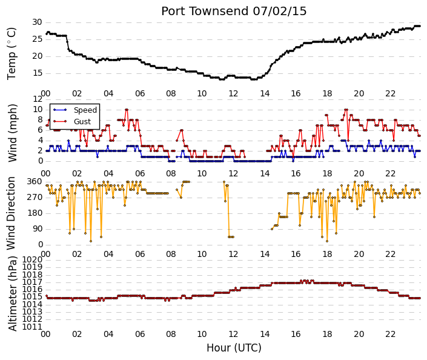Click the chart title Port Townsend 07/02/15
tap(234, 12)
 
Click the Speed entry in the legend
tap(85, 110)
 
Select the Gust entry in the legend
tap(82, 122)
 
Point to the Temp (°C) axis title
tap(12, 54)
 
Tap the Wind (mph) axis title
tap(13, 133)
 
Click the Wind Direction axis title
tap(11, 213)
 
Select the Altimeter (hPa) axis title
tap(13, 293)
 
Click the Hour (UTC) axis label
tap(234, 348)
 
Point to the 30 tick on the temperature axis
tap(38, 22)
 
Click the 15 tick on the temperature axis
tap(38, 73)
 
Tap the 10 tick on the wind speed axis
tap(38, 110)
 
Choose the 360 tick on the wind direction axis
tap(35, 182)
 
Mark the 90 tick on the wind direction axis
tap(38, 228)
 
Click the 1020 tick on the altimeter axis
tap(32, 259)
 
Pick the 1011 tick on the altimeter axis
tap(32, 327)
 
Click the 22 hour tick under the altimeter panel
tap(390, 334)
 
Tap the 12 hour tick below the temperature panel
tap(233, 93)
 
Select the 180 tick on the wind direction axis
tap(35, 213)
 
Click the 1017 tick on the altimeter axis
tap(32, 282)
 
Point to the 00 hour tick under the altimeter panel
tap(45, 334)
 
